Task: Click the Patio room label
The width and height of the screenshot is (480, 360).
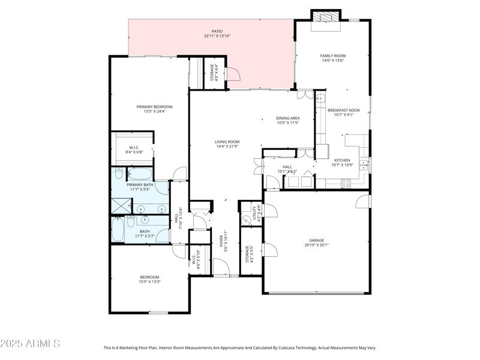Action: coord(217,31)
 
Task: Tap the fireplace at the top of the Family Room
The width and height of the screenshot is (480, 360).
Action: coord(325,17)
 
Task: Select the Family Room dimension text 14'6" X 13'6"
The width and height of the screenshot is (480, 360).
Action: coord(332,61)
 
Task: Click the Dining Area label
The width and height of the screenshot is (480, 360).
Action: coord(288,118)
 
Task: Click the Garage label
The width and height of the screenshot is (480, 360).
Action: coord(316,240)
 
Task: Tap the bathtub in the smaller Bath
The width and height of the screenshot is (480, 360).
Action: coord(117,229)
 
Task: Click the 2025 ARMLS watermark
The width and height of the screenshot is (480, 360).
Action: coord(30,344)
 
